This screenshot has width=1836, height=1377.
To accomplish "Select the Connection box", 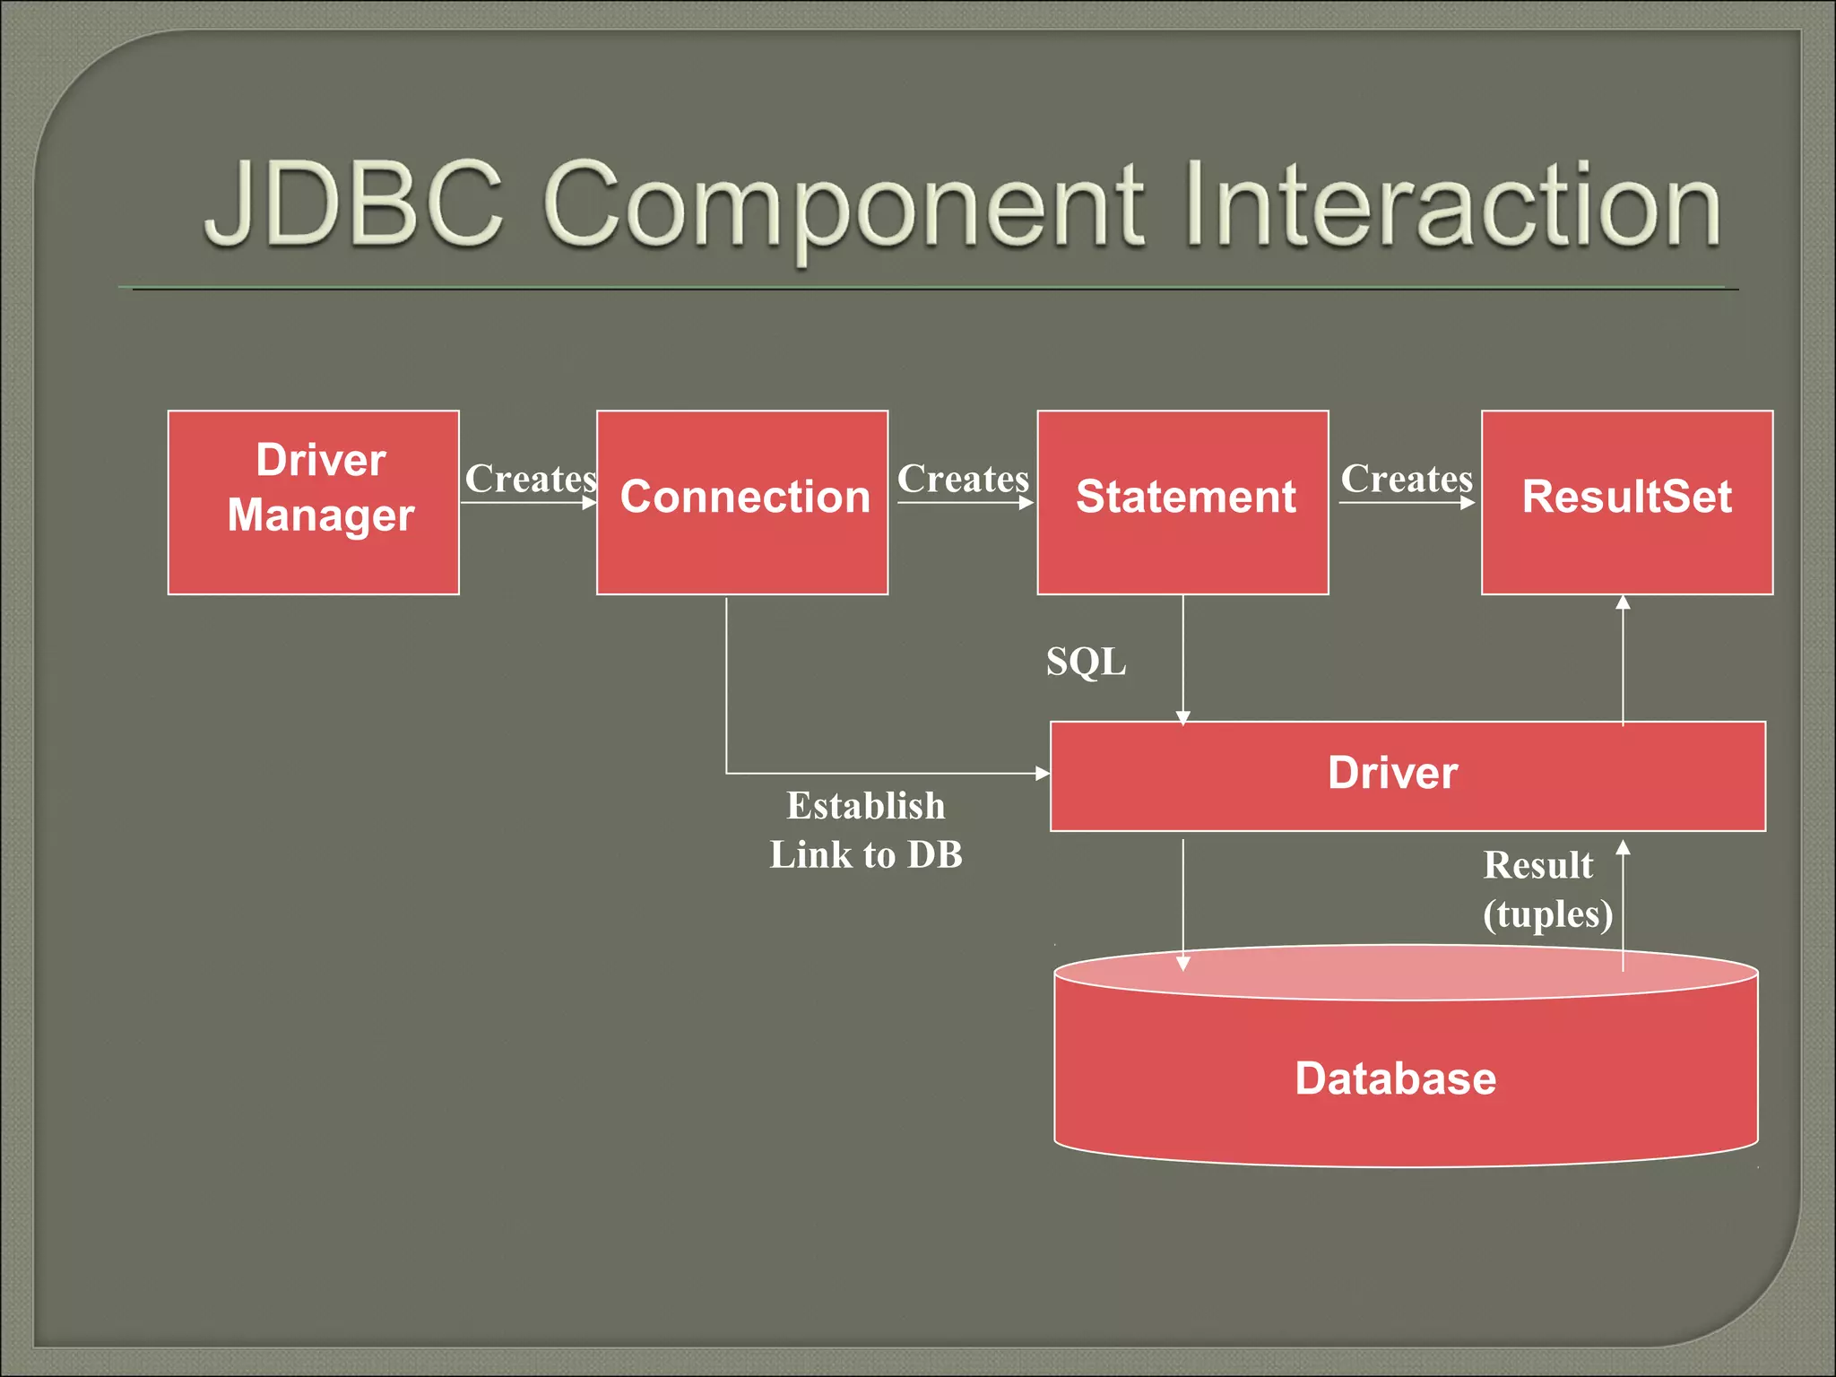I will [742, 502].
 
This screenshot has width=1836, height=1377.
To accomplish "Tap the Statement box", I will [1182, 502].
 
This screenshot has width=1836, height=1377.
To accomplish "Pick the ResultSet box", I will [1626, 502].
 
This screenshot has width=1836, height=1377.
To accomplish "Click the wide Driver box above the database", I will [1407, 775].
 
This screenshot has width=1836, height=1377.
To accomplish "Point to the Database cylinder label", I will [1395, 1078].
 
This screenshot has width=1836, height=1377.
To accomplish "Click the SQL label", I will [1086, 663].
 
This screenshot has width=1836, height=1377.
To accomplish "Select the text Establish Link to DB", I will [866, 830].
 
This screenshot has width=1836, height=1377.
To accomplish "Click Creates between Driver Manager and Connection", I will [531, 479].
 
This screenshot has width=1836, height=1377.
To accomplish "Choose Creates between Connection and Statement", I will [963, 479].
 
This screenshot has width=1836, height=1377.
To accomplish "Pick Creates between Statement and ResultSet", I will [1406, 479].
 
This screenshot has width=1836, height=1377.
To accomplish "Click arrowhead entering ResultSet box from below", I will [1623, 603].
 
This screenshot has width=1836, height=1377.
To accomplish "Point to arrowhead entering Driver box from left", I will [1042, 773].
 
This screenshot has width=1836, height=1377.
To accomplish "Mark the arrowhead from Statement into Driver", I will [1182, 717].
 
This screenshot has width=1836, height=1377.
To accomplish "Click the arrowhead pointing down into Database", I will [1182, 964].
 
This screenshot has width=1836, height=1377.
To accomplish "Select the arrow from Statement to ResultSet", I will [1406, 503].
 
